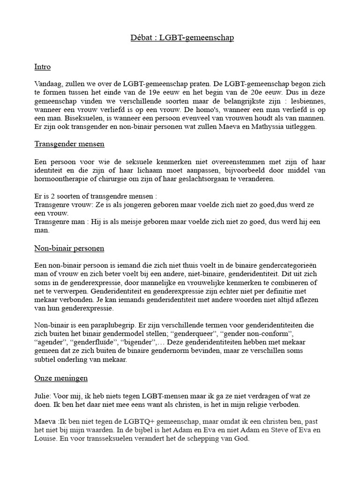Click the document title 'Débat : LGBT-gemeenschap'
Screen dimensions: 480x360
(x=182, y=37)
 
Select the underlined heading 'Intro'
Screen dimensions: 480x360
(x=42, y=67)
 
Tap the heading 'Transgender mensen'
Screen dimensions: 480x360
(x=69, y=143)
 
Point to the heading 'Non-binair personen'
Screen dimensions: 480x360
(x=69, y=247)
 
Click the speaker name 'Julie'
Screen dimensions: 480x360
(x=43, y=394)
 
